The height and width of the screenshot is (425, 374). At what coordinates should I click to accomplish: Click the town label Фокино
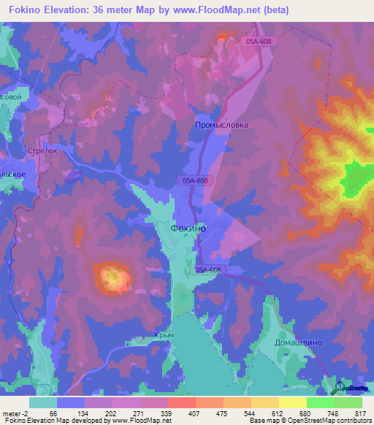(x=188, y=228)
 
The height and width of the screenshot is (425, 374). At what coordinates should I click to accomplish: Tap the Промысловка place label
(x=221, y=125)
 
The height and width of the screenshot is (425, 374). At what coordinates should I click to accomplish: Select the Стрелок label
(x=42, y=151)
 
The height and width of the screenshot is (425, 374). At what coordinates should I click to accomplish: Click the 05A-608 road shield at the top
(x=259, y=42)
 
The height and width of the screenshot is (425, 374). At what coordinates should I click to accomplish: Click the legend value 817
(x=359, y=413)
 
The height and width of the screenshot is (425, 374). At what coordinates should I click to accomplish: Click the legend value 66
(x=53, y=413)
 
